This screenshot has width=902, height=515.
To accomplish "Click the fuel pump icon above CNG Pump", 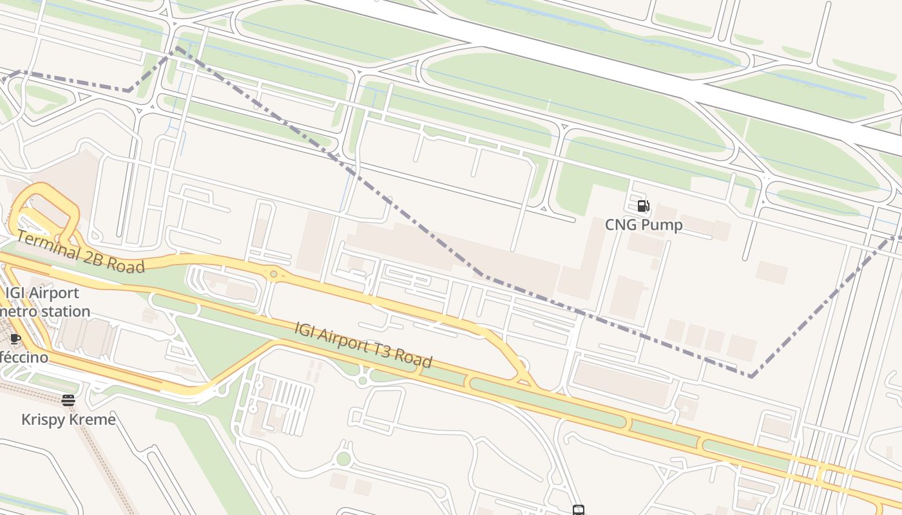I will (x=643, y=206).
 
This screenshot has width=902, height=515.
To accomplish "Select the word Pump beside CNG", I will (x=661, y=225).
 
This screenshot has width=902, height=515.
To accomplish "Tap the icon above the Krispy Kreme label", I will (x=68, y=400).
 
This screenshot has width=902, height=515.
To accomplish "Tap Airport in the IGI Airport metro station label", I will (x=53, y=293).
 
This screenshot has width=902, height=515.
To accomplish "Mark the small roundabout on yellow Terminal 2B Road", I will (x=274, y=275).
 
